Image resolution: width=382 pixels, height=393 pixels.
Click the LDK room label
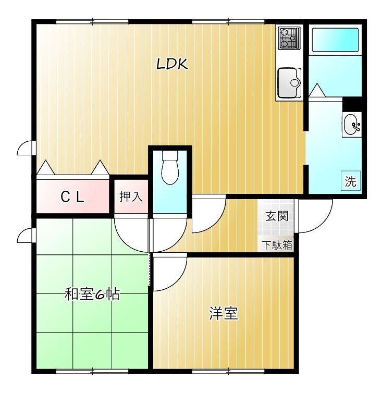(172, 64)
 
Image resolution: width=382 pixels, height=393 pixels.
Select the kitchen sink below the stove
(289, 82)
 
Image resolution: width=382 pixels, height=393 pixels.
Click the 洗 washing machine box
(351, 182)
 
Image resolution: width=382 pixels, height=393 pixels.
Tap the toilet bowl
(170, 167)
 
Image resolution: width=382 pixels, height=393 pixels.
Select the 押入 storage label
(130, 197)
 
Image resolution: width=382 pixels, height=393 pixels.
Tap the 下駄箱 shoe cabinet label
(277, 245)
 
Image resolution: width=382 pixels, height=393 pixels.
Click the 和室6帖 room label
(92, 294)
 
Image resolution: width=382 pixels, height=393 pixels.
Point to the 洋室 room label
(224, 313)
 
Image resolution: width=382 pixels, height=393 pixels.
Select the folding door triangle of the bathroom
(317, 91)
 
